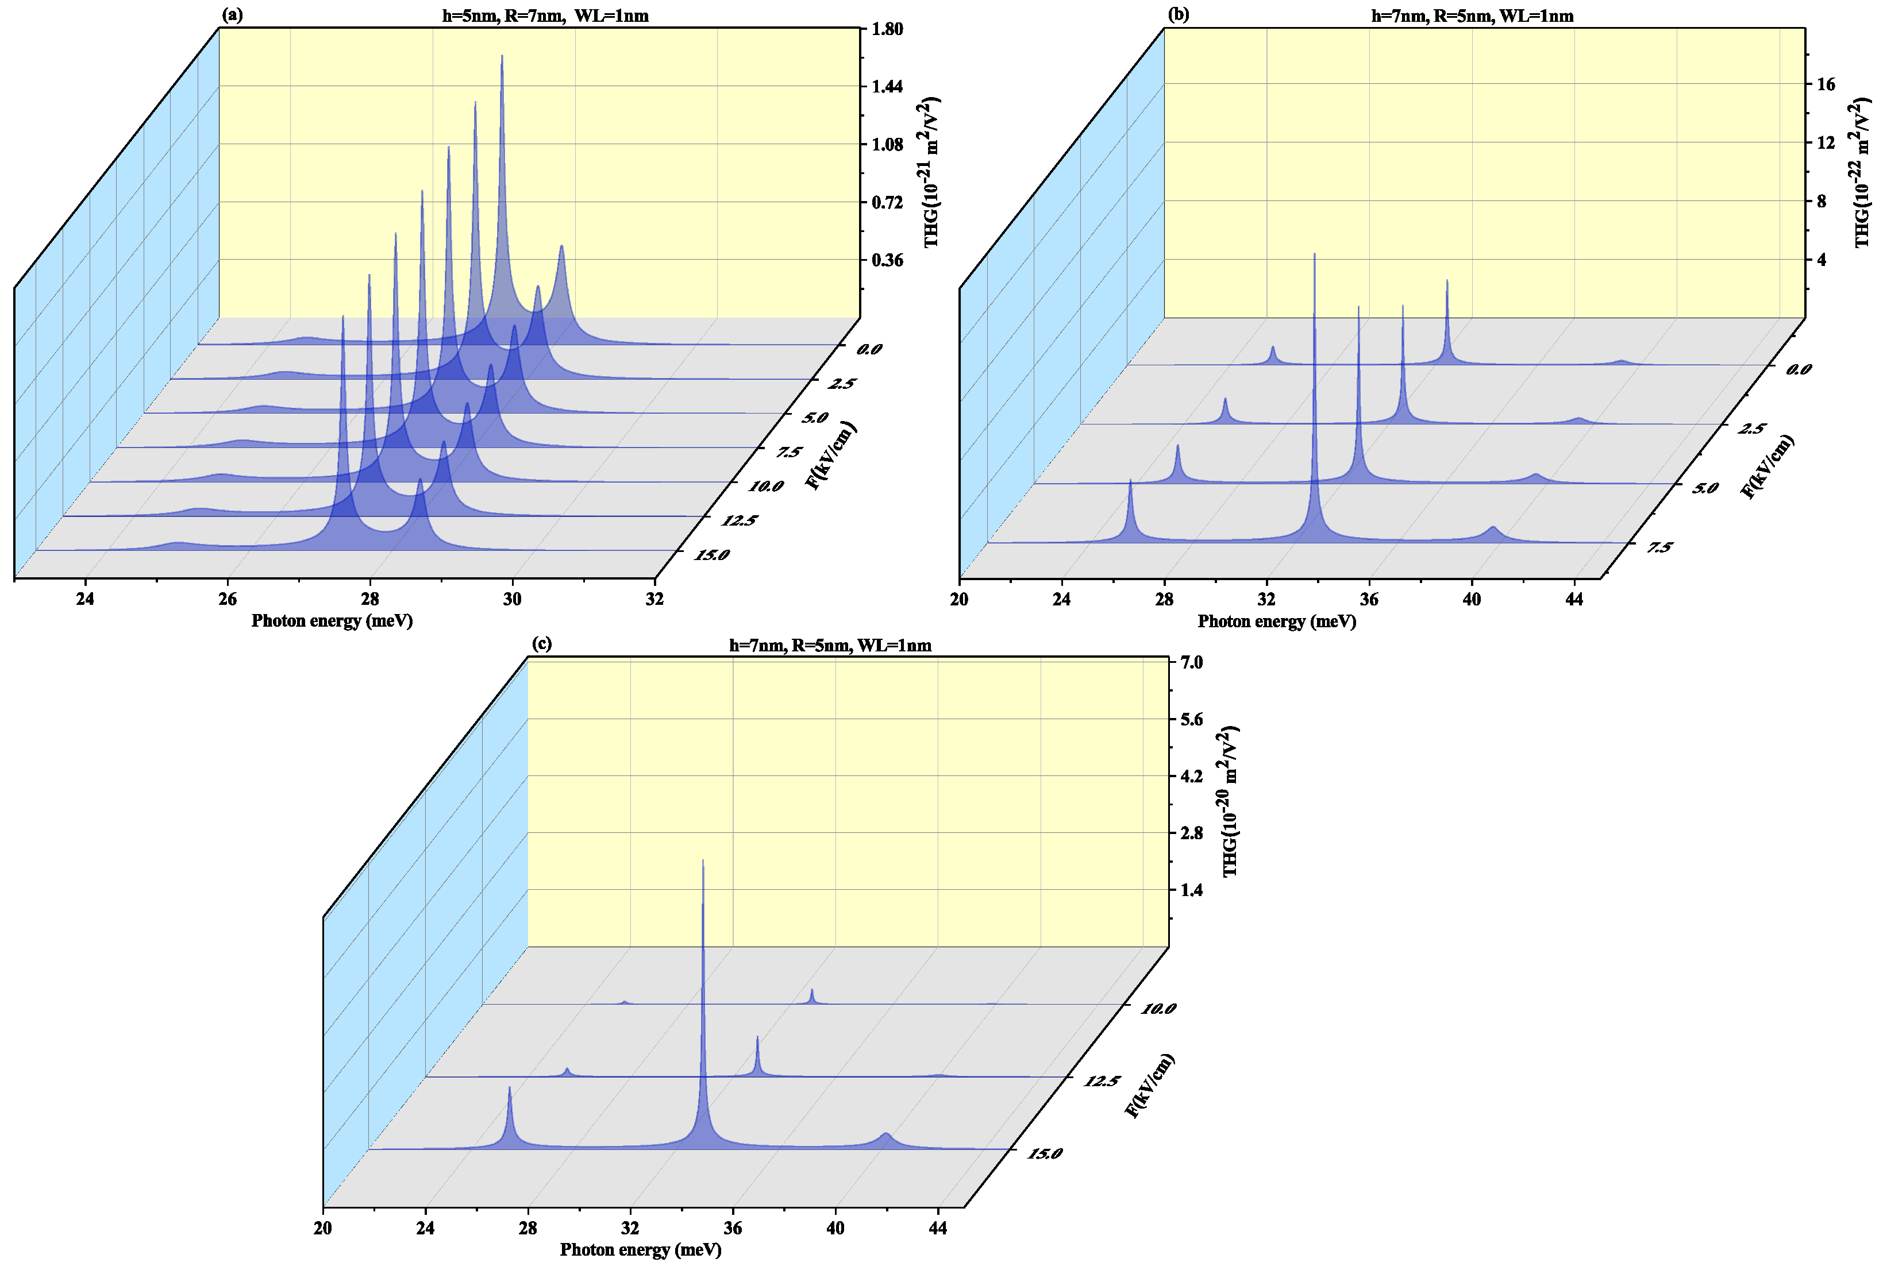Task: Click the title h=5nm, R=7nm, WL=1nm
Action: tap(545, 16)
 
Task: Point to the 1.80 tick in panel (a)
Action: tap(887, 29)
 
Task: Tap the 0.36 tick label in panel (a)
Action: tap(887, 260)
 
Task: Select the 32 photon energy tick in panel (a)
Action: tap(654, 599)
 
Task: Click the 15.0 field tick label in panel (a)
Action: tap(711, 555)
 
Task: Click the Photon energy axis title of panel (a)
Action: tap(332, 622)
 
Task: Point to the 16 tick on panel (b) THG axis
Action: tap(1826, 84)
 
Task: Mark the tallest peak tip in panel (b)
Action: tap(1314, 254)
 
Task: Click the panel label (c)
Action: tap(541, 643)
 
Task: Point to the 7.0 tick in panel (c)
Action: tap(1191, 662)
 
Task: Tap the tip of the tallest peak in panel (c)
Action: tap(703, 861)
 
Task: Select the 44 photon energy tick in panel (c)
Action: tap(938, 1228)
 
